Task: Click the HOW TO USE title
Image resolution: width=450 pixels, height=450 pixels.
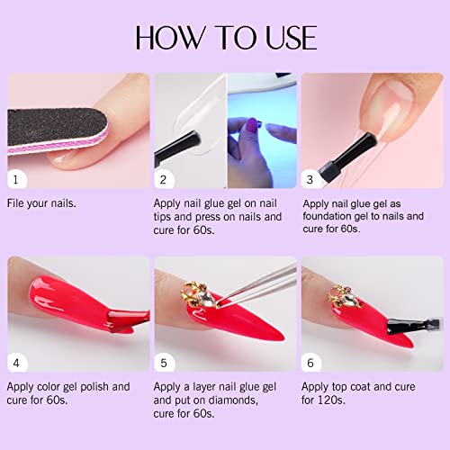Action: pyautogui.click(x=225, y=37)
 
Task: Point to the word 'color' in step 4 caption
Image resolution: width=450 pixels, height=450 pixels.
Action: pyautogui.click(x=62, y=387)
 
